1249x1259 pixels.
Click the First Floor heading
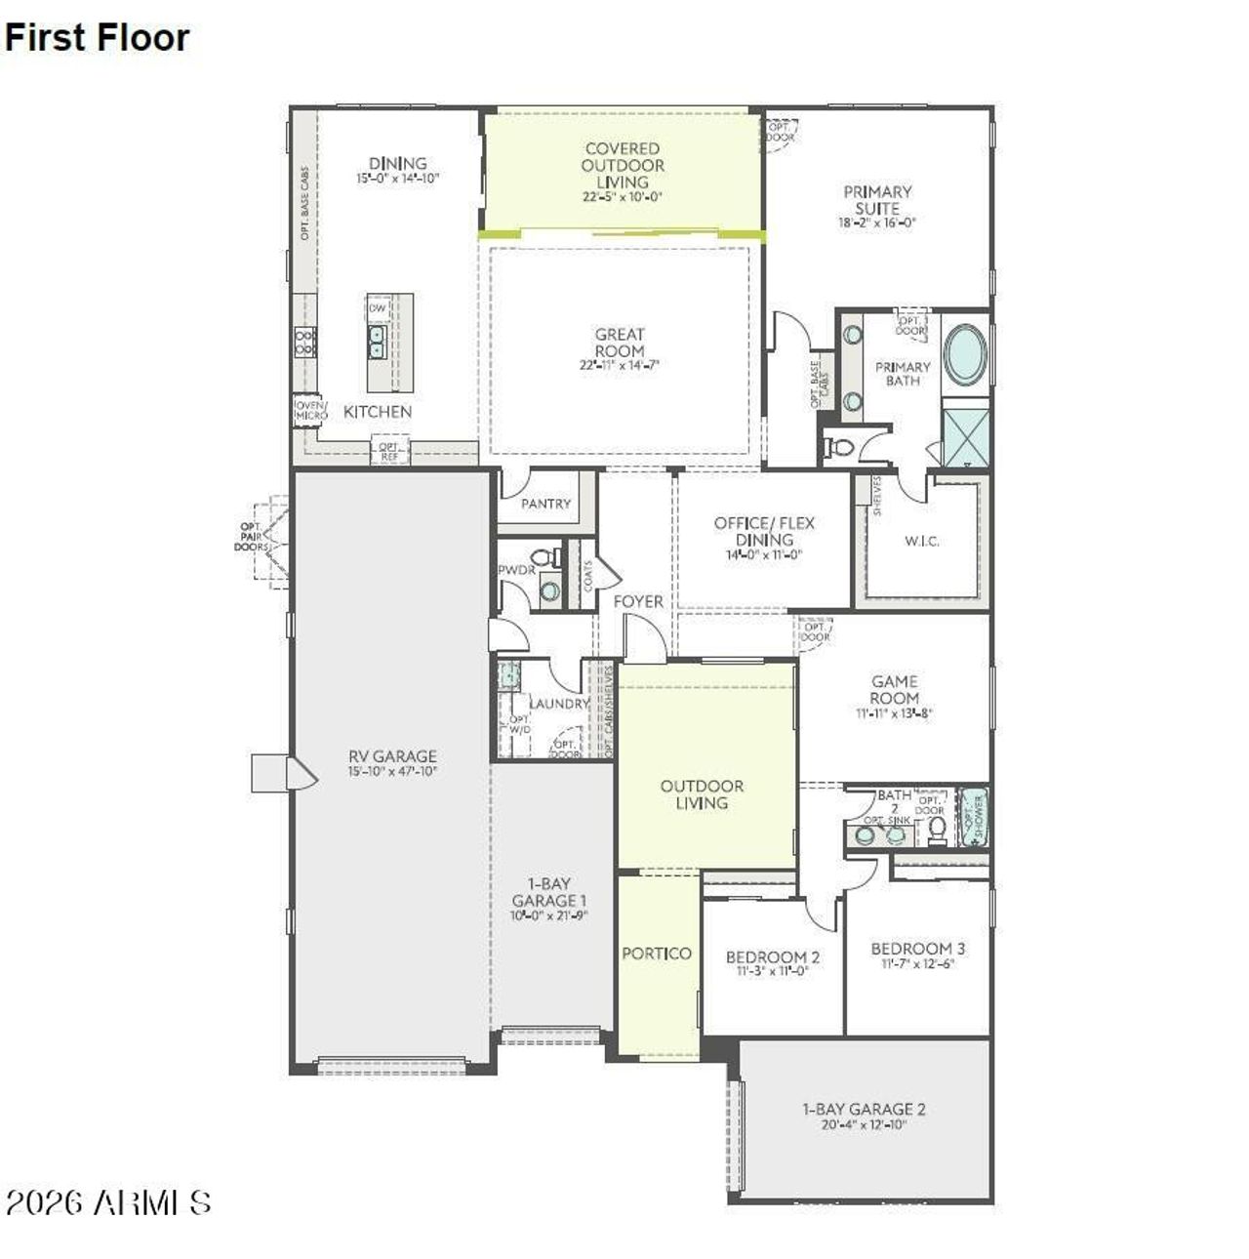97,37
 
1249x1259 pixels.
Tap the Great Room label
620,343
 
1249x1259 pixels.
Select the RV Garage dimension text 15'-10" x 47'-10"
392,771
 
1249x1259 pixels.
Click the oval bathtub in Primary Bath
965,354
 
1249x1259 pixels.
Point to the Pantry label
545,504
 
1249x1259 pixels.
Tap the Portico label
657,954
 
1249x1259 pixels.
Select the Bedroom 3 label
918,949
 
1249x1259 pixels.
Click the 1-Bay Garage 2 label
864,1109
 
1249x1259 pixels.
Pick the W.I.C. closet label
922,541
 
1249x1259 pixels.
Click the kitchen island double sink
378,341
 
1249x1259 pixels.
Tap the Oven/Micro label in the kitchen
311,410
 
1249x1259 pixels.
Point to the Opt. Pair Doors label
251,537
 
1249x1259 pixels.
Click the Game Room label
895,690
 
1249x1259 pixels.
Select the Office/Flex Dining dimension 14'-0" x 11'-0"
763,555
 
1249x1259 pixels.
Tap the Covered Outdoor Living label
623,165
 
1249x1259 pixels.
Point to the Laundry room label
559,704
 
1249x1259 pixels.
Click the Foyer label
638,602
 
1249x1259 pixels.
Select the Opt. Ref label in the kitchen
389,451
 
